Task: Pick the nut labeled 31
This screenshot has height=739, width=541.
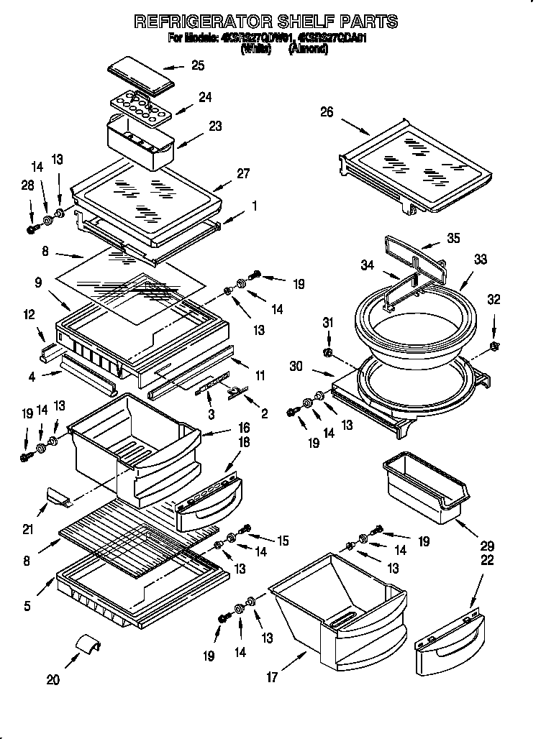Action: [327, 353]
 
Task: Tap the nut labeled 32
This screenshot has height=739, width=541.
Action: [494, 348]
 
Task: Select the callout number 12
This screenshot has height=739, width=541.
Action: [29, 314]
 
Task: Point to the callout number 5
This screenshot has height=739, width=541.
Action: [27, 605]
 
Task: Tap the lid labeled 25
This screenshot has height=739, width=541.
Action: [141, 78]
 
